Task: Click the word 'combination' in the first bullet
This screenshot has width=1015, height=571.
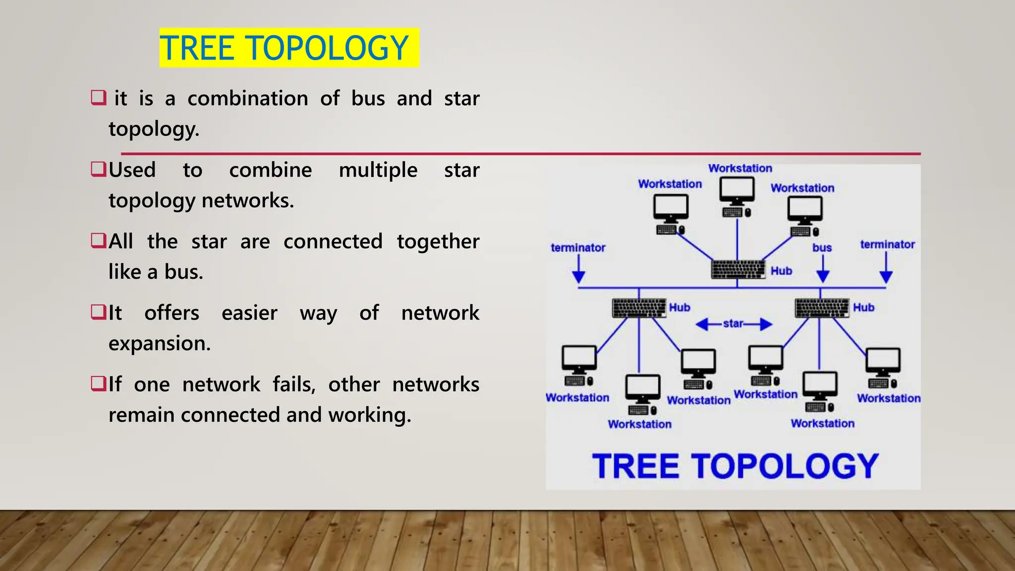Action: pyautogui.click(x=248, y=99)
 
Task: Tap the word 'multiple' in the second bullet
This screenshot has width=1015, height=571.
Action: pyautogui.click(x=378, y=171)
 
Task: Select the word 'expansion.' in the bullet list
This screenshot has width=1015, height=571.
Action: pyautogui.click(x=160, y=343)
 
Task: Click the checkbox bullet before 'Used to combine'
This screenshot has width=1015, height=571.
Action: pyautogui.click(x=99, y=169)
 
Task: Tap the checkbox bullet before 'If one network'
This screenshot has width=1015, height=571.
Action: pyautogui.click(x=99, y=383)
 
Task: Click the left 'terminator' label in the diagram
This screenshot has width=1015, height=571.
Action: pyautogui.click(x=578, y=248)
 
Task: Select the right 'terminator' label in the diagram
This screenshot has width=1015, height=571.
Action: pyautogui.click(x=887, y=244)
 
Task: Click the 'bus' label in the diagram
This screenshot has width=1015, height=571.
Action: pyautogui.click(x=822, y=248)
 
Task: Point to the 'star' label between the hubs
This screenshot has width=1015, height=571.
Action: pyautogui.click(x=733, y=324)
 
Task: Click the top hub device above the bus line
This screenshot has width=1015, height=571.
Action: pyautogui.click(x=738, y=269)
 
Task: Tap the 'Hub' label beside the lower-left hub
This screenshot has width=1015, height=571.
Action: pyautogui.click(x=679, y=307)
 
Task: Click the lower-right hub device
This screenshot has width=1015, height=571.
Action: pyautogui.click(x=822, y=308)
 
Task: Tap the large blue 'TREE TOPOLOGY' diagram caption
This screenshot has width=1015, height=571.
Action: pyautogui.click(x=735, y=466)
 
